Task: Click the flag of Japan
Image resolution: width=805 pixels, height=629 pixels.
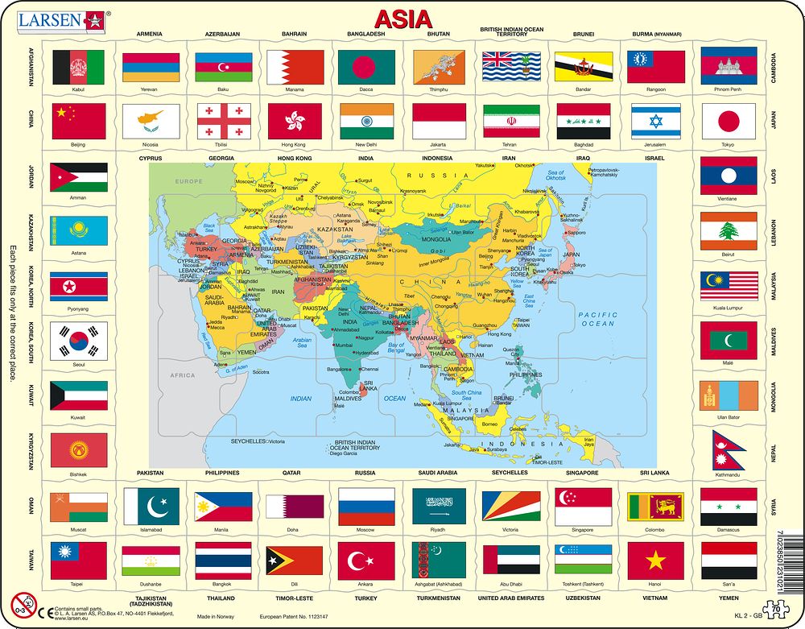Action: [x=728, y=121]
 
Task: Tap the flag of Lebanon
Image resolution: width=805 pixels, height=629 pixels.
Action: [x=728, y=230]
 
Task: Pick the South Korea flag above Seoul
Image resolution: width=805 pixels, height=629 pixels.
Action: [x=78, y=341]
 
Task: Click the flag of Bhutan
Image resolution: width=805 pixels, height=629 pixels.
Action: [x=439, y=67]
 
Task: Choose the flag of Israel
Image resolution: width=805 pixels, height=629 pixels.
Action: [x=655, y=121]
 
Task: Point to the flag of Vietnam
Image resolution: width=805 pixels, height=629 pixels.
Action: [x=655, y=561]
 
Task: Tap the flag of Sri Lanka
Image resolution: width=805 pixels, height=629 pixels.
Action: [x=655, y=507]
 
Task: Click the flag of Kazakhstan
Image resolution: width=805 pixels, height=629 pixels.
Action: [x=78, y=232]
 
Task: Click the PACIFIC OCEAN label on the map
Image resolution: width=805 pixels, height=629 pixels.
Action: [x=597, y=319]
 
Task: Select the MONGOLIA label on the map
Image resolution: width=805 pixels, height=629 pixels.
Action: [x=436, y=239]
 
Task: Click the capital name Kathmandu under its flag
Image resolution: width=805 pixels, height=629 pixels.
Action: [x=728, y=475]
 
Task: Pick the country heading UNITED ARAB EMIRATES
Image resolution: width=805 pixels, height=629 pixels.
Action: [x=511, y=598]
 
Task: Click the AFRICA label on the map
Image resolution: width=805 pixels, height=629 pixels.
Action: [x=183, y=375]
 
